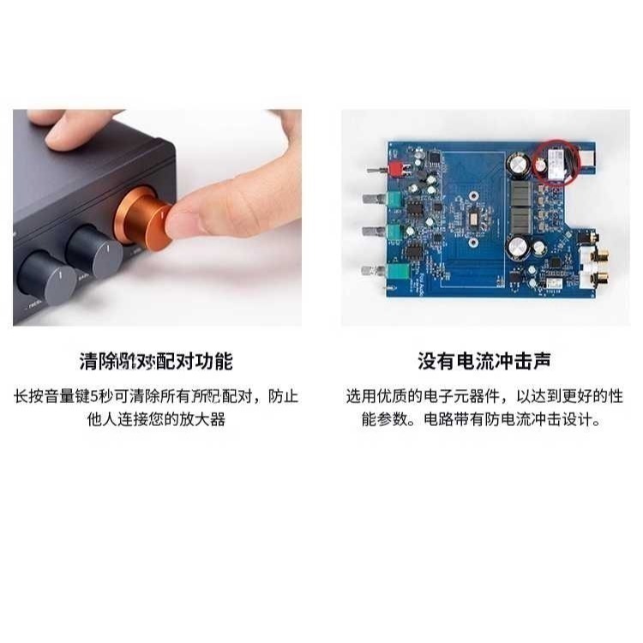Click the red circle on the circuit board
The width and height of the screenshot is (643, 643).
(x=552, y=162)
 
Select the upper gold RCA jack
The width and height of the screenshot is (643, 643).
(x=597, y=255)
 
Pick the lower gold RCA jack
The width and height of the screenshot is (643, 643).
(x=597, y=279)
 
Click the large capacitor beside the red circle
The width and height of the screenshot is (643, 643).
(x=520, y=164)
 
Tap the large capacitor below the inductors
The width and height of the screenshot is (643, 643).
(x=519, y=249)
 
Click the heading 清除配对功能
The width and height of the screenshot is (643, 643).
(x=156, y=361)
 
